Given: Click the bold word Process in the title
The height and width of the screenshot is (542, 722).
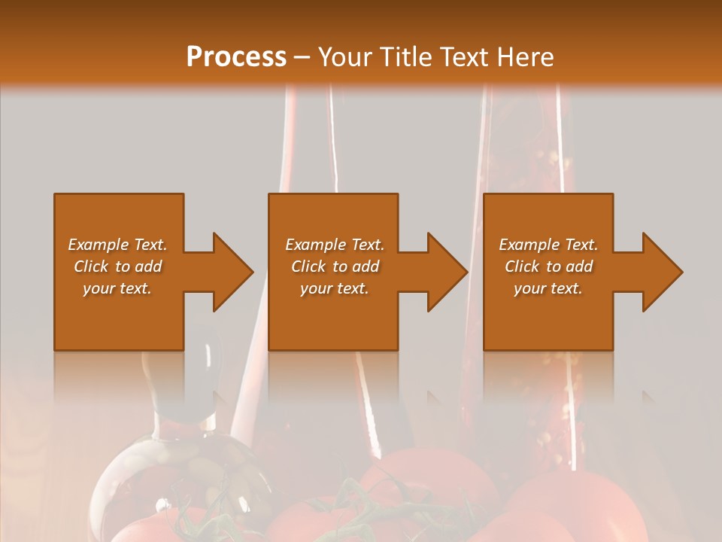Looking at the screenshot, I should click(x=236, y=57).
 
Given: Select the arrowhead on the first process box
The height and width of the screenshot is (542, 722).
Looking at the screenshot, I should click(x=226, y=272).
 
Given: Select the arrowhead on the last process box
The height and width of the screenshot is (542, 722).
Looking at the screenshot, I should click(x=655, y=272).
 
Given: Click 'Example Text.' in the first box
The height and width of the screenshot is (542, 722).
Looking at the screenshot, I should click(x=117, y=245).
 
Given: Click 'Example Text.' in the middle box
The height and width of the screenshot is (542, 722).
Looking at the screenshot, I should click(x=334, y=245).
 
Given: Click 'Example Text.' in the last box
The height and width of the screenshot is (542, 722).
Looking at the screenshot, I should click(x=548, y=245).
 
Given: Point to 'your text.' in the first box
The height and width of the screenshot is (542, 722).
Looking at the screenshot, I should click(x=117, y=288).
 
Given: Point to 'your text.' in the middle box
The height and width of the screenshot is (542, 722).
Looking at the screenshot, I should click(x=334, y=288).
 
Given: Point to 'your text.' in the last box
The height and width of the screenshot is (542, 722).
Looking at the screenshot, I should click(x=548, y=288).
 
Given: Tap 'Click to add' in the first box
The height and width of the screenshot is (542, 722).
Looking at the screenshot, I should click(x=117, y=266).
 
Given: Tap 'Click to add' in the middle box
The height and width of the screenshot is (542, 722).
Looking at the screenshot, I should click(x=334, y=266).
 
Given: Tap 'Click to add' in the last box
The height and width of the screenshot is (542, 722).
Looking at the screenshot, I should click(x=548, y=266).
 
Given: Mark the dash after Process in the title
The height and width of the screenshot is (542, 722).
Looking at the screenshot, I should click(x=302, y=57).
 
